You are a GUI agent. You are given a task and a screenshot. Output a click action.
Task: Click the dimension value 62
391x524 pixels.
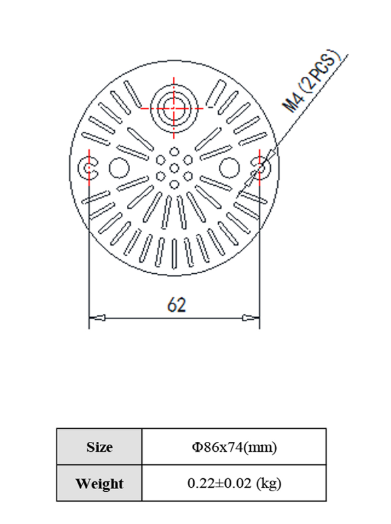pos(177,305)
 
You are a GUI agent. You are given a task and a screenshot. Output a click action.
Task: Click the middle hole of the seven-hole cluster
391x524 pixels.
pos(174,167)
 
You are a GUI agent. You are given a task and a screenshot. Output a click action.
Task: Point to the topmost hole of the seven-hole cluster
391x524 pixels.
pos(174,152)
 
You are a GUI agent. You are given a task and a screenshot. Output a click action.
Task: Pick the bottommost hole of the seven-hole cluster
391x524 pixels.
pos(174,184)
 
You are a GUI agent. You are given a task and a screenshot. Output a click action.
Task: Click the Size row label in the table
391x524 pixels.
pos(99,447)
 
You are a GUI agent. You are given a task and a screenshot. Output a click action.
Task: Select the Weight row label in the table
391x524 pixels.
pos(99,484)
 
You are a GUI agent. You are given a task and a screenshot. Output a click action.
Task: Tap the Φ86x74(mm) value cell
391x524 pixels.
pos(234,447)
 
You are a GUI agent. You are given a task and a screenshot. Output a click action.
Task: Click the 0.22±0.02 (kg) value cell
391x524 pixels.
pos(234,484)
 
